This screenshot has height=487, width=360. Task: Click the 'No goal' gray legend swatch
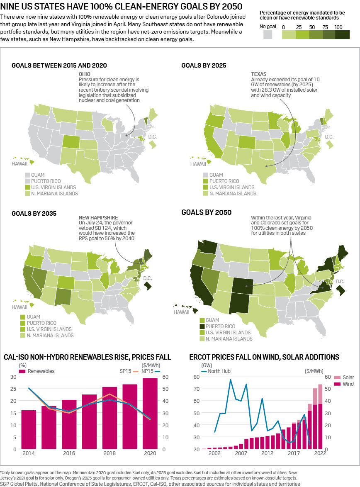click(268, 35)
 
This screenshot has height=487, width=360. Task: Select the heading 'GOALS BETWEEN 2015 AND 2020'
click(59, 65)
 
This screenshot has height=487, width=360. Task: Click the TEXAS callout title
click(259, 74)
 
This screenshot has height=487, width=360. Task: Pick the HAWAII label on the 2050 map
click(181, 312)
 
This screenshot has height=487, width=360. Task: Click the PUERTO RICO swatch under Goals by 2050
click(202, 326)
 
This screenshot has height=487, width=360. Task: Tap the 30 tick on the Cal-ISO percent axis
click(13, 377)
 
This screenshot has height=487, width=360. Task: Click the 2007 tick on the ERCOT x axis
click(241, 453)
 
